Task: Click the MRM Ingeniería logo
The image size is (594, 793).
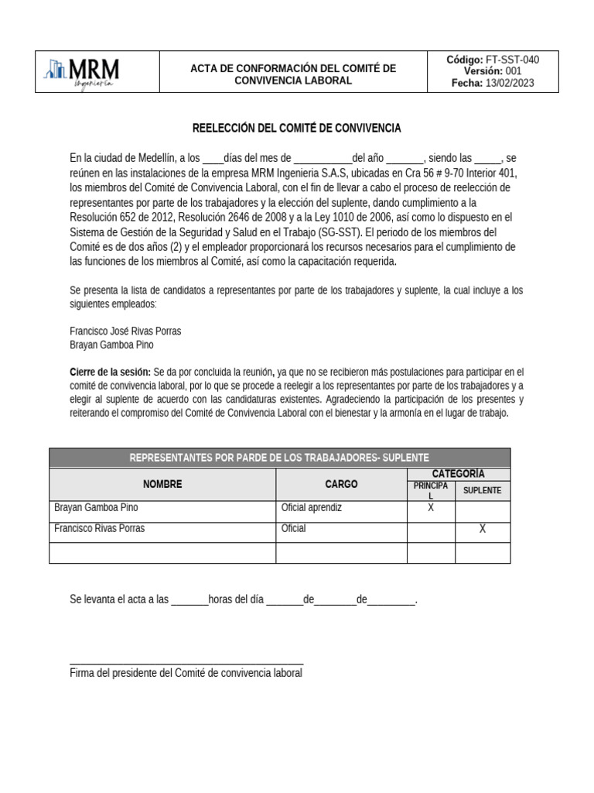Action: click(x=83, y=72)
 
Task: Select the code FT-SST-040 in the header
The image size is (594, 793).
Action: click(x=511, y=60)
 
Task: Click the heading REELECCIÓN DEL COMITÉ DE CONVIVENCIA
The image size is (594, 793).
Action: click(x=296, y=128)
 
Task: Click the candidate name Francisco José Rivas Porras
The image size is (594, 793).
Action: click(x=125, y=331)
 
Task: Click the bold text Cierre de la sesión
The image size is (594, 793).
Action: click(x=110, y=372)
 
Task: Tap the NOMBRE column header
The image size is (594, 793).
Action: click(x=162, y=484)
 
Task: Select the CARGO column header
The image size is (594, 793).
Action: click(x=341, y=484)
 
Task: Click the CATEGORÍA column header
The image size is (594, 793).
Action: click(x=458, y=473)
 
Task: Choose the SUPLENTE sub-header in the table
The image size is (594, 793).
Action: click(x=482, y=490)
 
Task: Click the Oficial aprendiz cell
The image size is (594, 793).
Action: click(x=312, y=508)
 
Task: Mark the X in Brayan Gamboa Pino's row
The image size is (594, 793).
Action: click(x=431, y=508)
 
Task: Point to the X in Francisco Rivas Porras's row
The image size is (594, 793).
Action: click(x=482, y=529)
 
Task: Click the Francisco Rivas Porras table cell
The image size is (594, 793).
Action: click(x=99, y=529)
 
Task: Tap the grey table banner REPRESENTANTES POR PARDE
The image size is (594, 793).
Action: click(x=279, y=458)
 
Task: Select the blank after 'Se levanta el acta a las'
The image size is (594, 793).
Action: click(x=189, y=601)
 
